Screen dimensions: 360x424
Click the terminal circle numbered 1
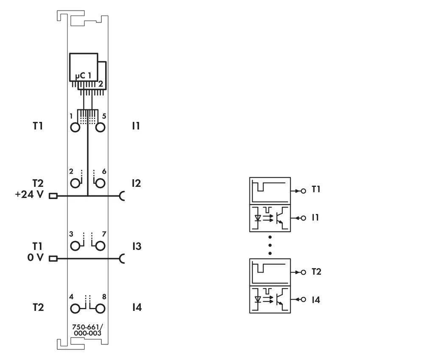tap(75, 127)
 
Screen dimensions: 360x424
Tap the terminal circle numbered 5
tap(100, 127)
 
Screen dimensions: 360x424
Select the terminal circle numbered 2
tap(75, 183)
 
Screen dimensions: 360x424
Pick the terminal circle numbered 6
tap(100, 183)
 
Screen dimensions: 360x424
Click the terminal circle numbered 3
tap(75, 246)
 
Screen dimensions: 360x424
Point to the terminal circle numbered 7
tap(100, 246)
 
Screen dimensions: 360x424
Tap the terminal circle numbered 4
tap(75, 308)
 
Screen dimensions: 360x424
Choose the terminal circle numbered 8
tap(100, 308)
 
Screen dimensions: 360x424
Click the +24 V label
tap(29, 195)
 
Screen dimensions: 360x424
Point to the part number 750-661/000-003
tap(88, 330)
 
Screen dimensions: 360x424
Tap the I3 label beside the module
tap(136, 246)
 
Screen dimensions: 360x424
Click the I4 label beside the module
tap(136, 307)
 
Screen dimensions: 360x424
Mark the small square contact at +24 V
tap(53, 196)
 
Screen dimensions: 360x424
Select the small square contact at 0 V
tap(53, 258)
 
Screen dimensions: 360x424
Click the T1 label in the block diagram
tap(316, 189)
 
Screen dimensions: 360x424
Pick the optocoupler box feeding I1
tap(270, 218)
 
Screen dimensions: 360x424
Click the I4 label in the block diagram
tap(316, 300)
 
